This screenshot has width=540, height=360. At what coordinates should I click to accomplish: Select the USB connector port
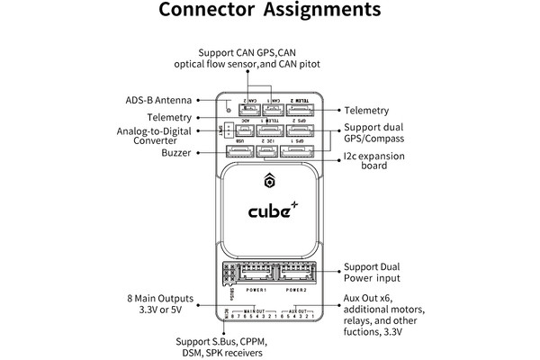point(238,152)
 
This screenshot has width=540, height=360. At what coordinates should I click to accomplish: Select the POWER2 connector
point(298,275)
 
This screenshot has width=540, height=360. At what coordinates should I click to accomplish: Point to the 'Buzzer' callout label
point(178,154)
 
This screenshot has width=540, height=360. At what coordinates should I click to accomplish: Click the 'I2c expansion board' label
point(373,163)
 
